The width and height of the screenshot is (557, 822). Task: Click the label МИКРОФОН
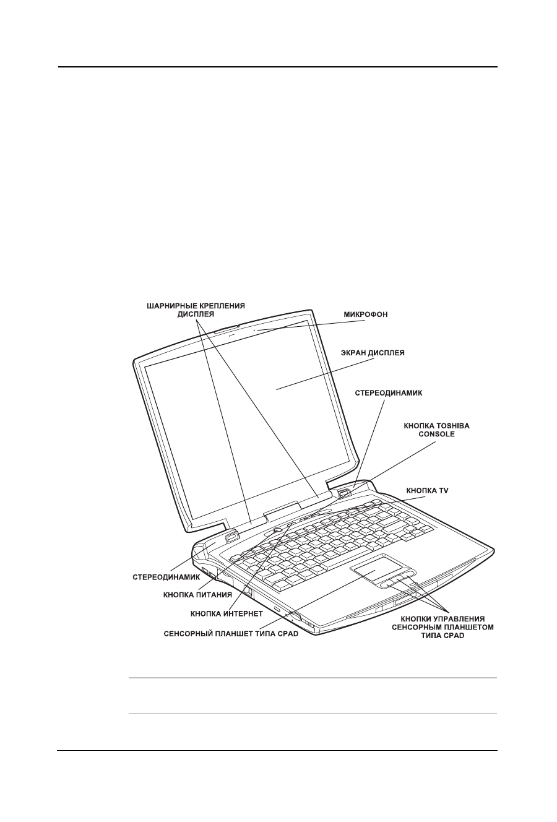366,314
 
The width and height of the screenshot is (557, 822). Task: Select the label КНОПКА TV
427,490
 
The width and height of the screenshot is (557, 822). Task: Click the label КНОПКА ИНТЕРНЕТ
227,614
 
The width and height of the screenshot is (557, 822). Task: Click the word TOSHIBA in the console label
442,426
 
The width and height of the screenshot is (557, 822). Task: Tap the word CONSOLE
430,435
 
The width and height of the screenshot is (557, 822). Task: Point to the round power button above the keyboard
277,530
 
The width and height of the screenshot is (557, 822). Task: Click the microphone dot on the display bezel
255,331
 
